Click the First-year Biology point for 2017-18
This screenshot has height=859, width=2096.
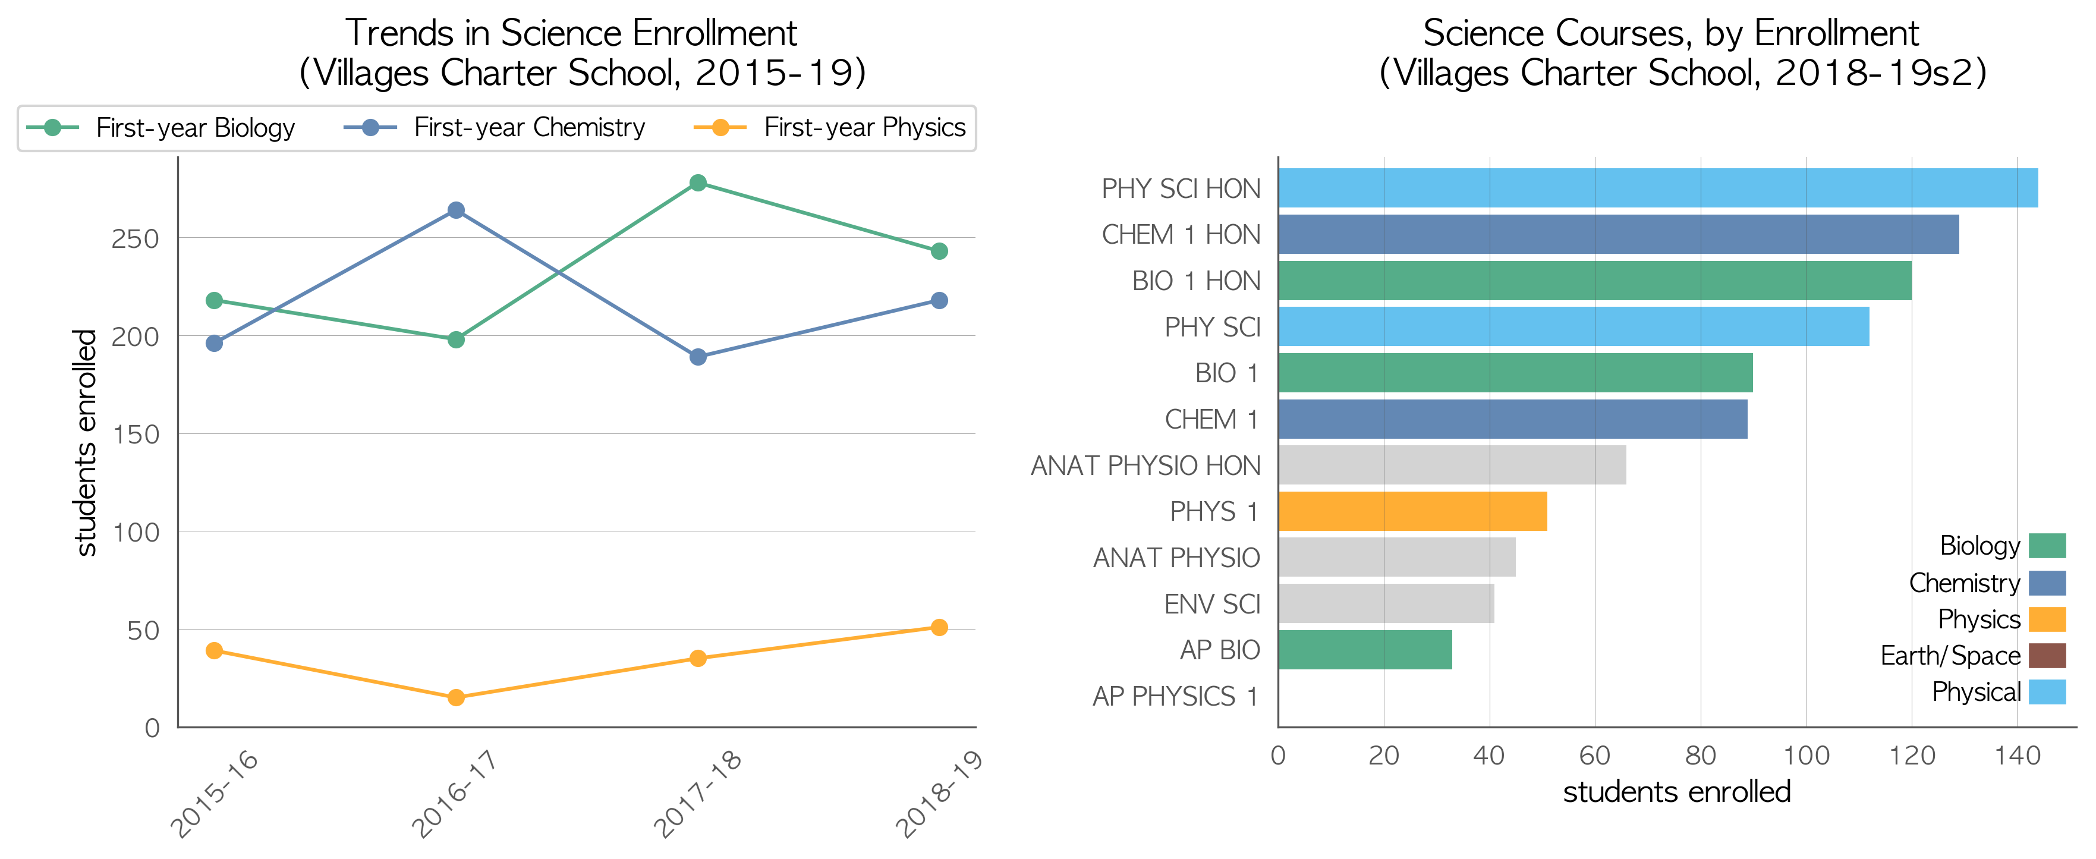pyautogui.click(x=697, y=183)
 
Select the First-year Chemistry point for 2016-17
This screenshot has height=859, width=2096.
pyautogui.click(x=457, y=210)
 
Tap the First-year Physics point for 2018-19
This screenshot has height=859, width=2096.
pyautogui.click(x=939, y=627)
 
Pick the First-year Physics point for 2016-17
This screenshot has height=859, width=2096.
pyautogui.click(x=457, y=697)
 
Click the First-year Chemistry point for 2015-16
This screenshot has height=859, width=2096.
pyautogui.click(x=215, y=343)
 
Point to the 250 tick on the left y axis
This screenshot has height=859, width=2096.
pyautogui.click(x=135, y=238)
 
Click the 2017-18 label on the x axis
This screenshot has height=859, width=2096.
pyautogui.click(x=698, y=793)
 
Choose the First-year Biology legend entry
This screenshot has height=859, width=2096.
pyautogui.click(x=160, y=128)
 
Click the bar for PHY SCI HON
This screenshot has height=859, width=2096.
pyautogui.click(x=1658, y=188)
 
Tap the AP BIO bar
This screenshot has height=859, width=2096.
pyautogui.click(x=1365, y=650)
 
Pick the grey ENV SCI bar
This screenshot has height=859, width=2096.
pyautogui.click(x=1386, y=603)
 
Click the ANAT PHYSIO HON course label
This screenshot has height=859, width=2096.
pyautogui.click(x=1145, y=465)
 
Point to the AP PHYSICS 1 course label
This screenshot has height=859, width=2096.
pyautogui.click(x=1176, y=696)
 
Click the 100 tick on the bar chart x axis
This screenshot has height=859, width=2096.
pyautogui.click(x=1807, y=756)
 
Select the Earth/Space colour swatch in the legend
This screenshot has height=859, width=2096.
pyautogui.click(x=2047, y=656)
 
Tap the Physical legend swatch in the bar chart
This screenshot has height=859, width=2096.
pyautogui.click(x=2047, y=692)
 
